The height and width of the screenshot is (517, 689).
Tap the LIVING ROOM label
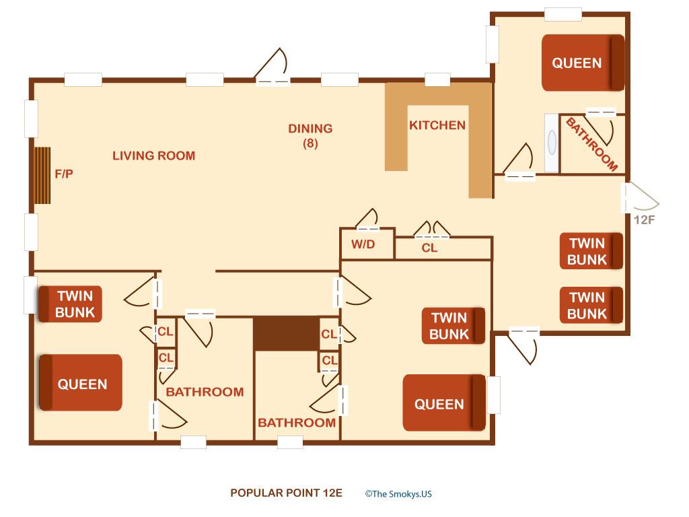click(153, 156)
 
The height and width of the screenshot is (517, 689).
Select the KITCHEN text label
click(437, 125)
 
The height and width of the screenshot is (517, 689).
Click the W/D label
click(363, 244)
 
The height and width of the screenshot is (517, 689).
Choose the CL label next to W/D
click(429, 248)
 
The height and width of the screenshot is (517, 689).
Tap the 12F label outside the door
click(644, 219)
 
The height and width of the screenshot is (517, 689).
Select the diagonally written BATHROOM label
click(591, 145)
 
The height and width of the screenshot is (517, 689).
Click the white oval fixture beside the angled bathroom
click(552, 143)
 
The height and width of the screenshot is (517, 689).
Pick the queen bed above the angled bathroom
click(583, 63)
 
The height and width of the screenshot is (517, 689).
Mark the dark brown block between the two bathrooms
click(286, 333)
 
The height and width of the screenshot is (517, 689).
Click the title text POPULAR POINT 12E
click(286, 493)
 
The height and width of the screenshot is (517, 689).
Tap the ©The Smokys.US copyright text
click(398, 493)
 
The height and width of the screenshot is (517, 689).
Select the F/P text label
click(64, 174)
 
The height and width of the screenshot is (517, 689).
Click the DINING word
click(310, 129)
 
